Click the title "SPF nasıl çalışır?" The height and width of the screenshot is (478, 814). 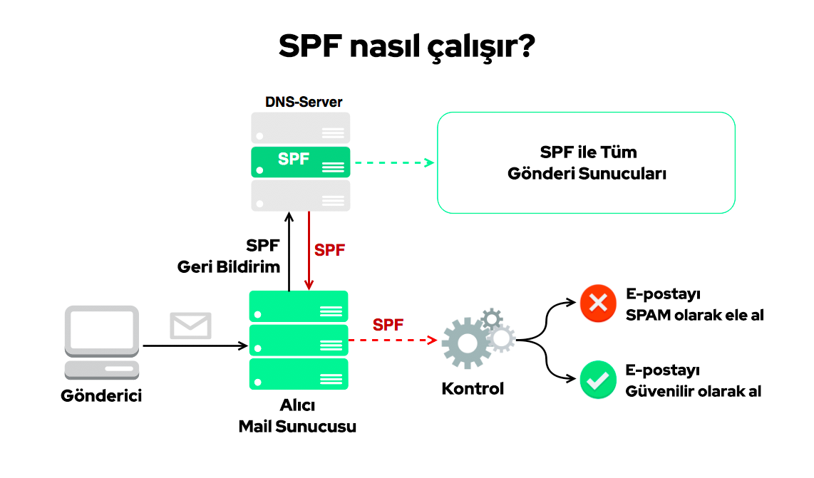pos(406,47)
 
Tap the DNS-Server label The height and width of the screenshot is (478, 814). pos(304,102)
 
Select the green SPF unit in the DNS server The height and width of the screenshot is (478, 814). pos(300,162)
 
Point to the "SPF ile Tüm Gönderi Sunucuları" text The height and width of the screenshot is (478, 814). pos(587,162)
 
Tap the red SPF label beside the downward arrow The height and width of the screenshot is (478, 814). pos(330,250)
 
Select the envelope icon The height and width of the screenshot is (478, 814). pos(190,326)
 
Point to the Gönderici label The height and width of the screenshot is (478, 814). pos(101,395)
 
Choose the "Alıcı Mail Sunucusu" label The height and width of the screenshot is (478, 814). pos(297,417)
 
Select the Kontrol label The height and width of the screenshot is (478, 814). pos(473,389)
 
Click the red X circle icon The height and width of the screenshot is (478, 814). pos(598,303)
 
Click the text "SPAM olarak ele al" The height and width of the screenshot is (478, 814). pos(694,314)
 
